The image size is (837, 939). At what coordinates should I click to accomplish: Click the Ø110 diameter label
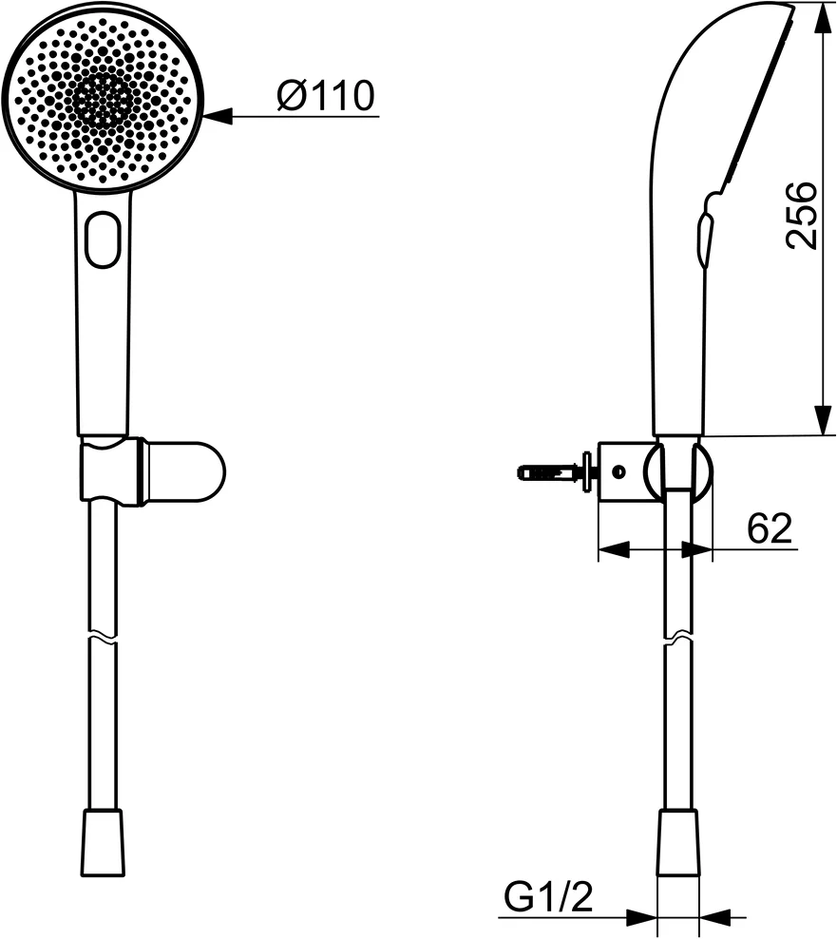click(x=325, y=95)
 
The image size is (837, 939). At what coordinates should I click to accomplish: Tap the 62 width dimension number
click(x=769, y=528)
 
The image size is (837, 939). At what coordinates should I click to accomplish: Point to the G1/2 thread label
click(x=547, y=896)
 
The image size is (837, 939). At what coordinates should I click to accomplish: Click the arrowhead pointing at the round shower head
click(x=219, y=117)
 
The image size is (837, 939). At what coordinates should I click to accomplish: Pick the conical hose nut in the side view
click(x=678, y=841)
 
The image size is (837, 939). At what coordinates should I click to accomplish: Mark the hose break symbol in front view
click(x=103, y=635)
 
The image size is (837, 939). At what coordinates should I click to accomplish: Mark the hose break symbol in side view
click(x=678, y=635)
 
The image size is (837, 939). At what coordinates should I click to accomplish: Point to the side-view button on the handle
click(x=704, y=239)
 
